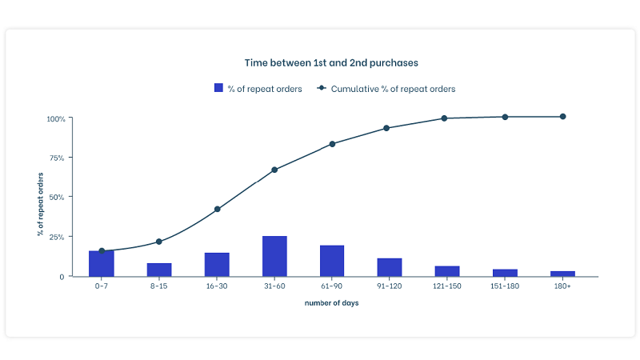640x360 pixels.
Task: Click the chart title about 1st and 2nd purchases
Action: click(331, 62)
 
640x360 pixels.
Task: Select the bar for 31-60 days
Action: click(274, 256)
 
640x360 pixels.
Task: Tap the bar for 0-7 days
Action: click(102, 264)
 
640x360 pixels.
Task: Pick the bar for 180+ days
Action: click(562, 274)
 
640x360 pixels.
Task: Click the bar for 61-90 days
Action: click(332, 261)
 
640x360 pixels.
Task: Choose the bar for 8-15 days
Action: click(159, 270)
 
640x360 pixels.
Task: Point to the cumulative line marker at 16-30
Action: click(217, 209)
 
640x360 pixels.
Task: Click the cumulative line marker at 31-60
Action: click(274, 170)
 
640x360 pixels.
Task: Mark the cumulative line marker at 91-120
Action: click(386, 128)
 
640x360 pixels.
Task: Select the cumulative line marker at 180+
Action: click(562, 117)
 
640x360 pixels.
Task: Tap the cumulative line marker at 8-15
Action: click(159, 242)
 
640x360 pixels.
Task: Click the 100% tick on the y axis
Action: click(56, 118)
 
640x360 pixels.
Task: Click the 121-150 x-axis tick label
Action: click(447, 286)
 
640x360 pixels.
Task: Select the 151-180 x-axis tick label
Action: click(505, 286)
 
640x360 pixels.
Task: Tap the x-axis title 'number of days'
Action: click(331, 303)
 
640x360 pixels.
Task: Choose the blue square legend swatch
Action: click(218, 89)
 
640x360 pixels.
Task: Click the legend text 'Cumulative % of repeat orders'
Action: click(393, 89)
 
